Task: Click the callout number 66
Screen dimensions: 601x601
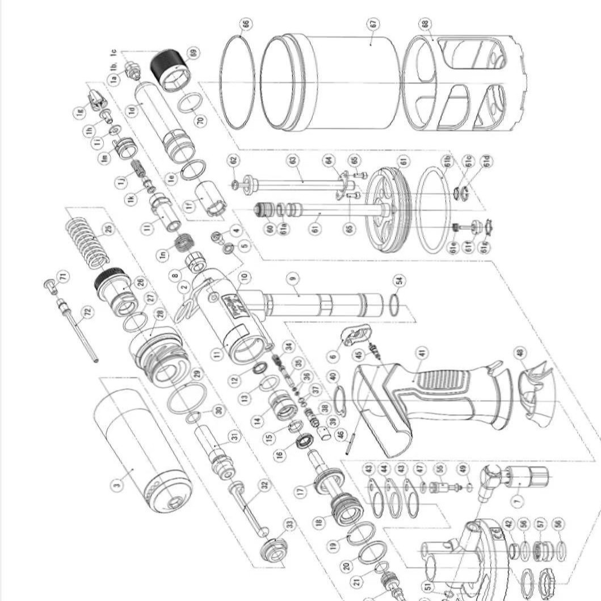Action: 245,24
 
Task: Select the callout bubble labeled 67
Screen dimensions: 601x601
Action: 373,24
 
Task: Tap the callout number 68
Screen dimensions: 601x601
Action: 426,24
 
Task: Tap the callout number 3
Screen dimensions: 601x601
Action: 116,484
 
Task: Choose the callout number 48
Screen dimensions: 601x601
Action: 520,352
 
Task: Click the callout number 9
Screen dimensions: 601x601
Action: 293,279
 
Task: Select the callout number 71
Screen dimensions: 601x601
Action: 63,277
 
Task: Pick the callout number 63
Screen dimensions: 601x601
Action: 293,161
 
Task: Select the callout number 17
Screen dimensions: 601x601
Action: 301,490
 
